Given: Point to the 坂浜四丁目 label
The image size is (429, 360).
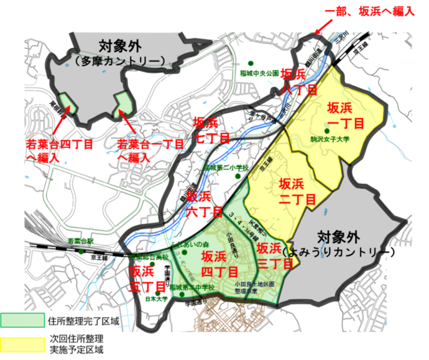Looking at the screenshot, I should pyautogui.click(x=220, y=264).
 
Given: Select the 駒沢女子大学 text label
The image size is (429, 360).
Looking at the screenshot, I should pyautogui.click(x=331, y=140).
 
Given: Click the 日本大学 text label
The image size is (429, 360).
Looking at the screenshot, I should pyautogui.click(x=149, y=298).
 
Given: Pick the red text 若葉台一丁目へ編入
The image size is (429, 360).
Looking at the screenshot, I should pyautogui.click(x=149, y=151).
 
